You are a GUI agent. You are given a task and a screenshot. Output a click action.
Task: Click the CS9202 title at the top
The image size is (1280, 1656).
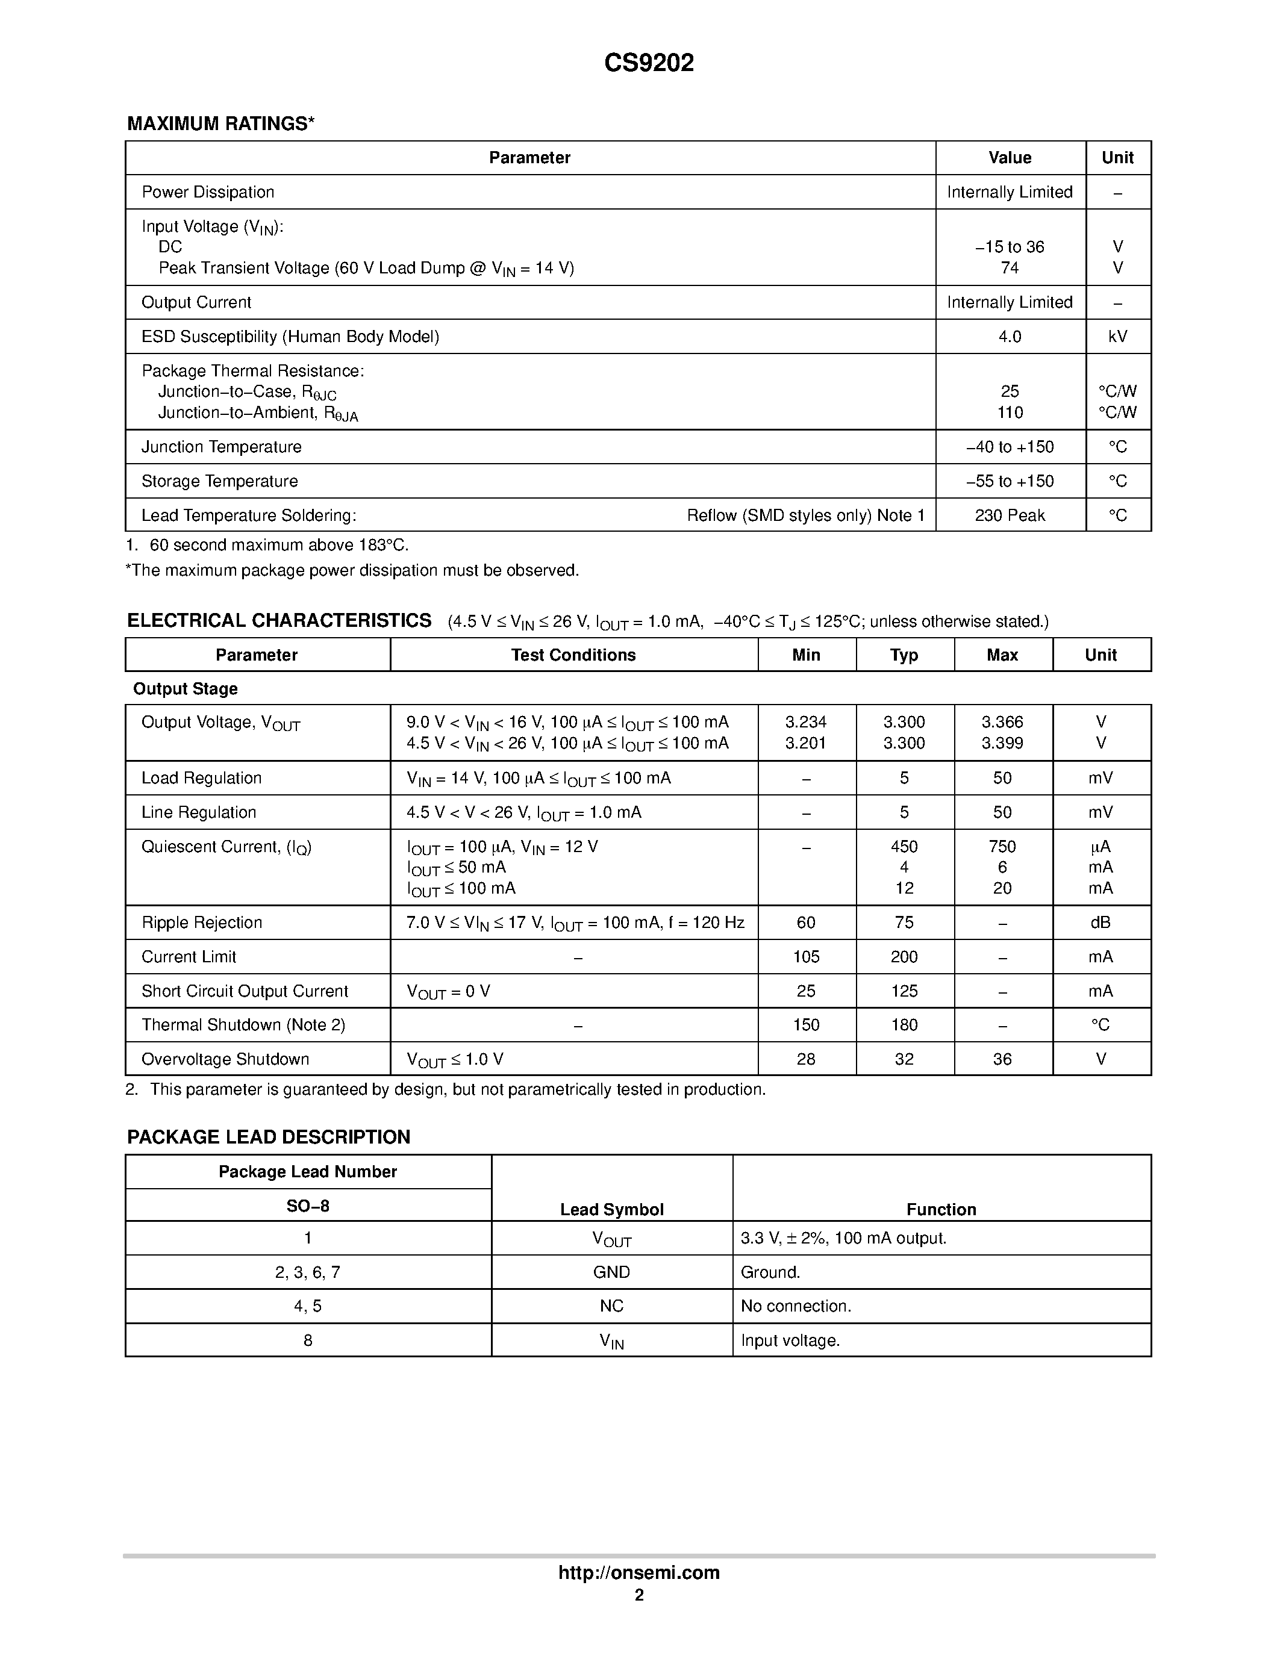648,63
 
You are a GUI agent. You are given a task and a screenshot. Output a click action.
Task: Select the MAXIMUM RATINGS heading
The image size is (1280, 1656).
220,123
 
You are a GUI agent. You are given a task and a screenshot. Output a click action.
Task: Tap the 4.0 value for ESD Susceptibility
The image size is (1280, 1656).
1010,337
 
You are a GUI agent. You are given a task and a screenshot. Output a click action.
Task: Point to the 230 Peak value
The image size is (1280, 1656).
1010,515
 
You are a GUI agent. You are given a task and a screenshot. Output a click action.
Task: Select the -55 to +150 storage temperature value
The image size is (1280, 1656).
1010,482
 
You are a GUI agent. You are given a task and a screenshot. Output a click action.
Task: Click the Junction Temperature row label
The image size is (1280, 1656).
222,447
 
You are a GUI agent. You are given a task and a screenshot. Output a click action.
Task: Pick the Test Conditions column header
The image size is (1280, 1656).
573,655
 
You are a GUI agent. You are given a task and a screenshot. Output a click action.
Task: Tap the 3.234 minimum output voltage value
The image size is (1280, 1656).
805,723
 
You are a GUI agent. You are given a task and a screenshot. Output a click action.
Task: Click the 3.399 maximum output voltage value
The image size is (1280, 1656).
1002,744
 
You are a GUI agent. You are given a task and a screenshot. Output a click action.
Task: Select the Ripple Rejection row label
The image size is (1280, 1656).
202,923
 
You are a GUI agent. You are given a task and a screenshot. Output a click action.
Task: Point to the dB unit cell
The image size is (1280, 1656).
1100,923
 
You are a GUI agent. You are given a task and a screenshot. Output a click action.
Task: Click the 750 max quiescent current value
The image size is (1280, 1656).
1002,847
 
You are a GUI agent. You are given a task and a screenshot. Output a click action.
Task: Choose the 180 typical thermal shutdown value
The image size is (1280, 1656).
904,1025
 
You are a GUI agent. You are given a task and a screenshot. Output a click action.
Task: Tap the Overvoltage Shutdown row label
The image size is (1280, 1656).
225,1059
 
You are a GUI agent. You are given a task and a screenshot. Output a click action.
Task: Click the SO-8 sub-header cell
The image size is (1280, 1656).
308,1206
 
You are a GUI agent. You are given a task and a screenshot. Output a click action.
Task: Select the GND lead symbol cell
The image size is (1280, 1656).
611,1272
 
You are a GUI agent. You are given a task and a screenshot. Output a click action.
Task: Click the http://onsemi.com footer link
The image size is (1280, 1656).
638,1572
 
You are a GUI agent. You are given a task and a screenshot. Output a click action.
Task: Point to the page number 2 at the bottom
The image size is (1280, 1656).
639,1595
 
